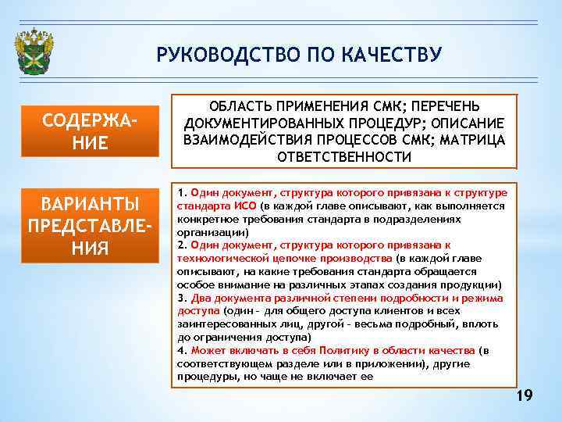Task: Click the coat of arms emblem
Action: [x=34, y=53]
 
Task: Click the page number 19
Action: [x=525, y=396]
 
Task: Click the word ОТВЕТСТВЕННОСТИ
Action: [x=344, y=156]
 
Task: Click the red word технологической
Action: [x=215, y=258]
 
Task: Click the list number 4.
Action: [x=181, y=351]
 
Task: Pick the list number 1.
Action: [x=181, y=192]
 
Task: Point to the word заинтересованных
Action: [x=222, y=324]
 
